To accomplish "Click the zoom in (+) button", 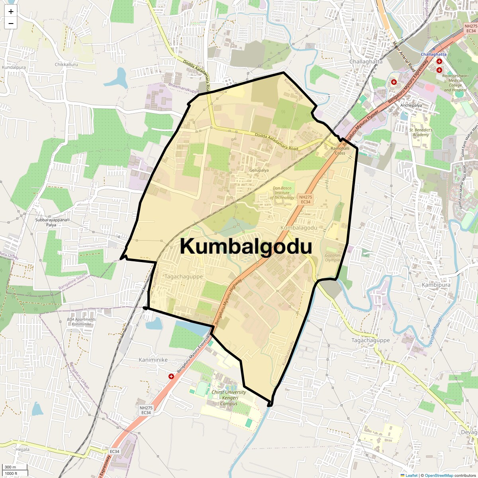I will [x=11, y=12].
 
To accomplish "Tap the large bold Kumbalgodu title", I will [x=246, y=247].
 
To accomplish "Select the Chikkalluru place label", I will [x=66, y=65].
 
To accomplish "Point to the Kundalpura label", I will [x=14, y=67].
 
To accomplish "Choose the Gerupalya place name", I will [x=259, y=170].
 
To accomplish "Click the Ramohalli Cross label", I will [x=340, y=151].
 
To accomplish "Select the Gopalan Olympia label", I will [x=333, y=258].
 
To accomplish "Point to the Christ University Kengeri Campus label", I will [x=229, y=398].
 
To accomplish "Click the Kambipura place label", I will [x=436, y=285].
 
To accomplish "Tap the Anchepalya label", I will [x=411, y=106].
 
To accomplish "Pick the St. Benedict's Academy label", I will [x=421, y=132].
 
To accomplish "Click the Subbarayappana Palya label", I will [x=51, y=222].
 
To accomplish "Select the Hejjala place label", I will [x=22, y=449].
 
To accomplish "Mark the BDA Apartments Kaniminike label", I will [x=82, y=322].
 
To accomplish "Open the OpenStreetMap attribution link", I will [x=439, y=475].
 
